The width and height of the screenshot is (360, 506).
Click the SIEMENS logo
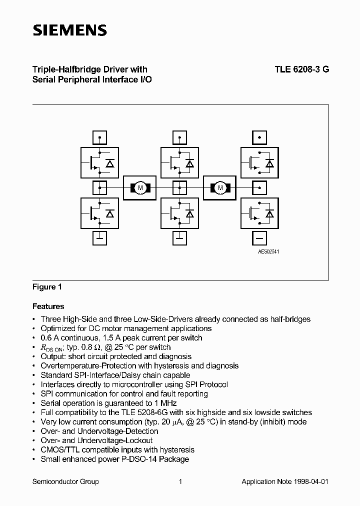69,30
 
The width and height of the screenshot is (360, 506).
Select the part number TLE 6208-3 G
301,70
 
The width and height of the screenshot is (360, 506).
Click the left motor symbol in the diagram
140,187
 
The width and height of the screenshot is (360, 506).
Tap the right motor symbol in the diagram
219,187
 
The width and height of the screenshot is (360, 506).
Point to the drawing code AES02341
268,251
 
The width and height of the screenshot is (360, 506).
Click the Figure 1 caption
46,287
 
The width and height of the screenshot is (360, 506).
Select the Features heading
48,306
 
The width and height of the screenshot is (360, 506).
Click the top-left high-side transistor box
100,162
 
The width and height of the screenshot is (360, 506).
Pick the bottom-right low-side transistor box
259,213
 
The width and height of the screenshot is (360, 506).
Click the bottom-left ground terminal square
100,239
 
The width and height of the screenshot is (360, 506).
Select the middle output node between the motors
179,188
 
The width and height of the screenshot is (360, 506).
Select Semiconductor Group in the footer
65,481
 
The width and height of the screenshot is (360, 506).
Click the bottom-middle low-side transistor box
179,213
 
